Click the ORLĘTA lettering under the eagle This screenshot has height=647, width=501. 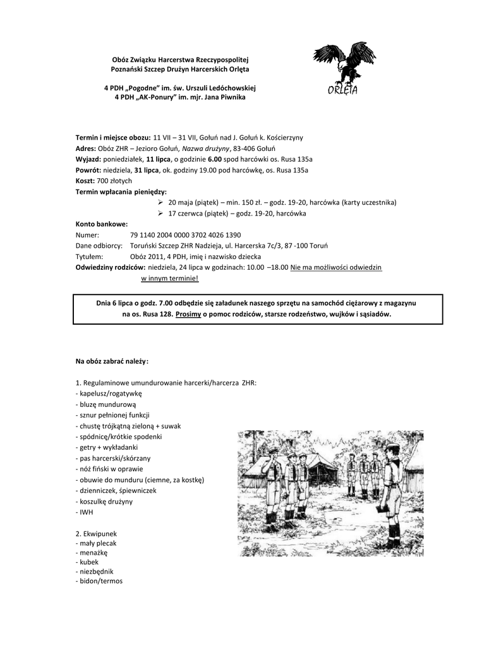343,90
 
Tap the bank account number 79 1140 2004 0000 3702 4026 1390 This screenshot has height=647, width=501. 185,234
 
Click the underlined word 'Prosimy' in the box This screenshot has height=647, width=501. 188,314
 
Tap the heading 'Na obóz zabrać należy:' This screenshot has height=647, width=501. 112,361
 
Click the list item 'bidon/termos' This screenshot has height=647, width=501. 99,581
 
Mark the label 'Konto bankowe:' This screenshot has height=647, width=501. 101,224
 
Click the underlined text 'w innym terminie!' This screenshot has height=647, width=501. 169,278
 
